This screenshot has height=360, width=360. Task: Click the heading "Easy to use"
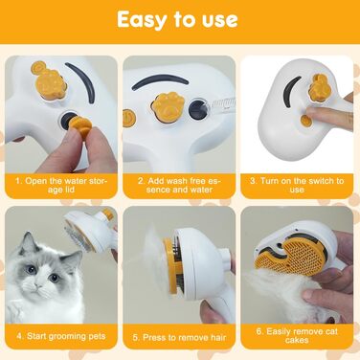(x=177, y=20)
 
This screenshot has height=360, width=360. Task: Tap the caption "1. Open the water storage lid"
(x=61, y=185)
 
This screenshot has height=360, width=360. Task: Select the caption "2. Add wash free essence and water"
(x=179, y=185)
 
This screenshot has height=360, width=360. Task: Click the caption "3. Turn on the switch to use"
(x=297, y=185)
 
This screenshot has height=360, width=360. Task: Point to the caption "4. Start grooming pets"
(x=61, y=336)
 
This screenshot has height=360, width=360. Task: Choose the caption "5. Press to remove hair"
(x=179, y=337)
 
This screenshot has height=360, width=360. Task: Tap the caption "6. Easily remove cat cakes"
(x=297, y=336)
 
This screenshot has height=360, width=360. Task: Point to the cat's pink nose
(x=38, y=285)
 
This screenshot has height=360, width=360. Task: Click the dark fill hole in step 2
(x=197, y=110)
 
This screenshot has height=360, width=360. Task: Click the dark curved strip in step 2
(x=160, y=80)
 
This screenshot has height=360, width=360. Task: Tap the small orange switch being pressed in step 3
(x=306, y=120)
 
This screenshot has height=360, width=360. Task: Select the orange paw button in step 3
(x=319, y=88)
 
